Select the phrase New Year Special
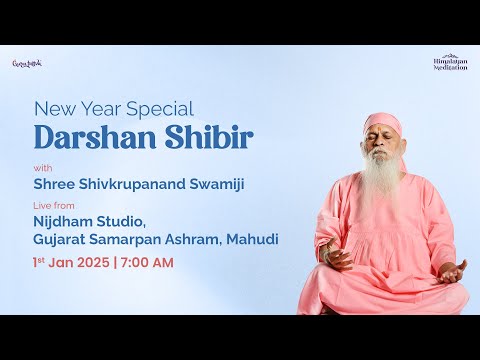pos(114,108)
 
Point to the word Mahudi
pos(255,240)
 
